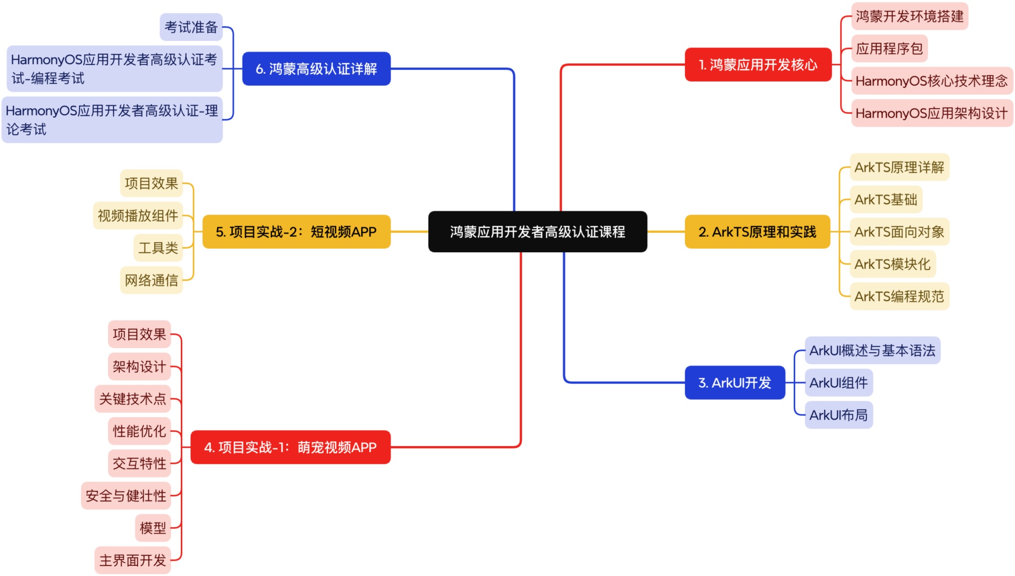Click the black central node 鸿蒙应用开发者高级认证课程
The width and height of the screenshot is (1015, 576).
click(x=537, y=232)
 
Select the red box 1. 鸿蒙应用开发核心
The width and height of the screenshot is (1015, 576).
click(x=758, y=65)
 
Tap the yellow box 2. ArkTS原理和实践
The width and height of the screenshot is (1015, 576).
click(x=757, y=232)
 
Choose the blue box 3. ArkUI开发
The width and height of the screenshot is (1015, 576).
click(x=735, y=383)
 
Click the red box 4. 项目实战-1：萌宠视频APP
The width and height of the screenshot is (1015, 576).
click(x=290, y=447)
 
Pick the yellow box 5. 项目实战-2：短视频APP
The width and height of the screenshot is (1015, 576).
click(x=296, y=232)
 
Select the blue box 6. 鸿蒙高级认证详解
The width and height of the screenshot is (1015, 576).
click(x=316, y=69)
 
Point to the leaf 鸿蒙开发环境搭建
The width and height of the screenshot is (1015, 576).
click(x=909, y=16)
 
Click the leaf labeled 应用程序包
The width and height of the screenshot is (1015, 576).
click(x=889, y=49)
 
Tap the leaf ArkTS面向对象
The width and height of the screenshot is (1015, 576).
click(x=899, y=232)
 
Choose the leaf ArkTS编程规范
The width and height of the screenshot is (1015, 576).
click(x=899, y=296)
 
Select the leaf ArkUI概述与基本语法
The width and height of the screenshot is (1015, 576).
click(x=872, y=351)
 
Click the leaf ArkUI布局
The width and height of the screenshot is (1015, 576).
click(x=838, y=415)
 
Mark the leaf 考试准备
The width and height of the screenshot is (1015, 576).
click(x=191, y=27)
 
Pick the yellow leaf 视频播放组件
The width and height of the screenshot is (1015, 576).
click(x=138, y=216)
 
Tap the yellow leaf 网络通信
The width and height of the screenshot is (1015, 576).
click(x=151, y=280)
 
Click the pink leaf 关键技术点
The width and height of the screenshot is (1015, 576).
click(x=132, y=399)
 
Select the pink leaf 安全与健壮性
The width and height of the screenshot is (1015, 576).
click(x=126, y=496)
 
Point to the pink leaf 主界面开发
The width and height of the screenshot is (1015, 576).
click(x=132, y=560)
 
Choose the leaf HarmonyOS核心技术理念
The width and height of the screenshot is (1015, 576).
click(x=931, y=81)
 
